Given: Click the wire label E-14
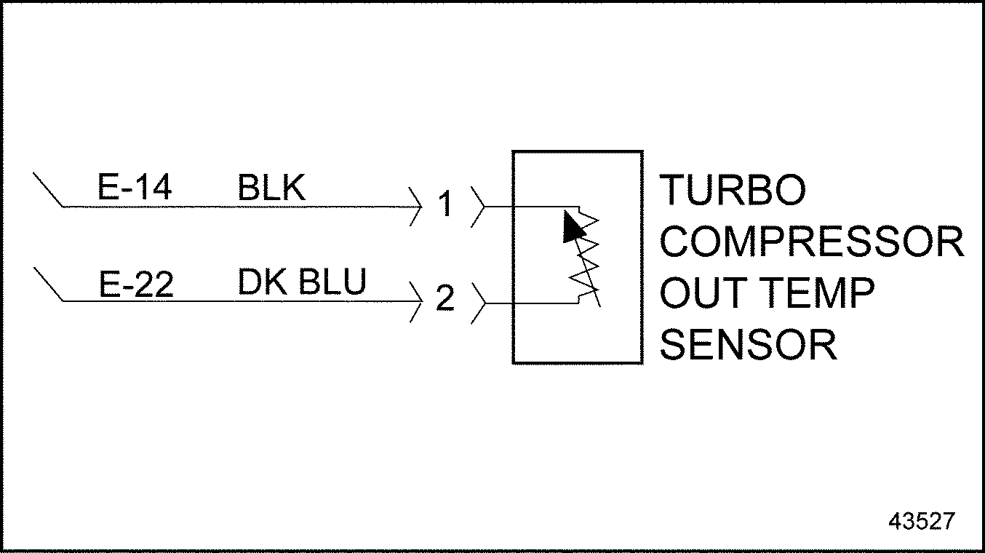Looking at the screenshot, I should [x=135, y=188].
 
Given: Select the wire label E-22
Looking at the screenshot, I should [x=136, y=284].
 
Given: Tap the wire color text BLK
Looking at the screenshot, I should [x=271, y=188].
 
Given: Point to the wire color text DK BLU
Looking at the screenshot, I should [x=301, y=282].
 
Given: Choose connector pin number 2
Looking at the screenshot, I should [x=444, y=299].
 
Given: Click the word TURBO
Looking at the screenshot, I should [x=733, y=191].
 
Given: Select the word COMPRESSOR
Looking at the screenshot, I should [x=811, y=242].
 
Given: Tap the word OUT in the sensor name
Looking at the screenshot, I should [x=701, y=293].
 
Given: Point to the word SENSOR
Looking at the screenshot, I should [x=748, y=345].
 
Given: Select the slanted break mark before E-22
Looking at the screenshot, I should [x=49, y=285].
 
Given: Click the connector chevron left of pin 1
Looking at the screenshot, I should [x=416, y=207].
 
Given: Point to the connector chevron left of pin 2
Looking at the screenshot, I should [x=416, y=301].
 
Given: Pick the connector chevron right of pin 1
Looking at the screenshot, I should [x=478, y=207].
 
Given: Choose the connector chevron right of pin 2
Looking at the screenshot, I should [x=478, y=301].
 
